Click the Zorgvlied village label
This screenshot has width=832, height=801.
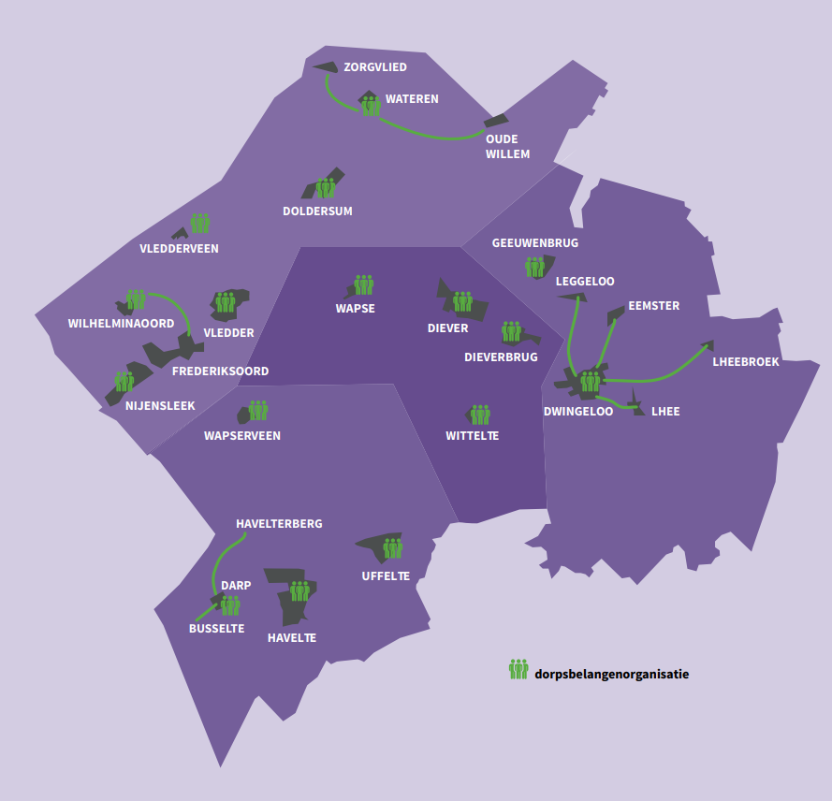point(375,67)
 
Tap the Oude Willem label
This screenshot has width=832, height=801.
point(507,147)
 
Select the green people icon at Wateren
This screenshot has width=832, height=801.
point(372,105)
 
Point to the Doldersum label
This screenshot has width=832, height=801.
point(317,211)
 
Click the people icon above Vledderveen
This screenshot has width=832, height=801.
point(200,224)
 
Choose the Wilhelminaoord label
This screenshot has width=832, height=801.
point(121,324)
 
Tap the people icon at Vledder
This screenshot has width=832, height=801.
point(226,302)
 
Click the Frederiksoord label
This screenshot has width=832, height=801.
point(220,371)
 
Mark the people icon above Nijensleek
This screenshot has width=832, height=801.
point(124,381)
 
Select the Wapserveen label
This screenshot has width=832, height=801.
point(241,436)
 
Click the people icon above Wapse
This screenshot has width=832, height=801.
point(364,285)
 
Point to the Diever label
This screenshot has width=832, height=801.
point(447,328)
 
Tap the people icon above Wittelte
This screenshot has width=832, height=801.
point(480,415)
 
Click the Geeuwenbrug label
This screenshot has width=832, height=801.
point(535,243)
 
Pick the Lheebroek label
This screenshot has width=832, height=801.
point(745,362)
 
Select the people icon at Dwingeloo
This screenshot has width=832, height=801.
point(591,381)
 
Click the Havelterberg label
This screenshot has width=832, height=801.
point(279,524)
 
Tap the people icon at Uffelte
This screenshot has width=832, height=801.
point(393,548)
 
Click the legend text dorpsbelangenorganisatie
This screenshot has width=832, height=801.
point(612,673)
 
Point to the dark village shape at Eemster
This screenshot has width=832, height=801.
point(615,314)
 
